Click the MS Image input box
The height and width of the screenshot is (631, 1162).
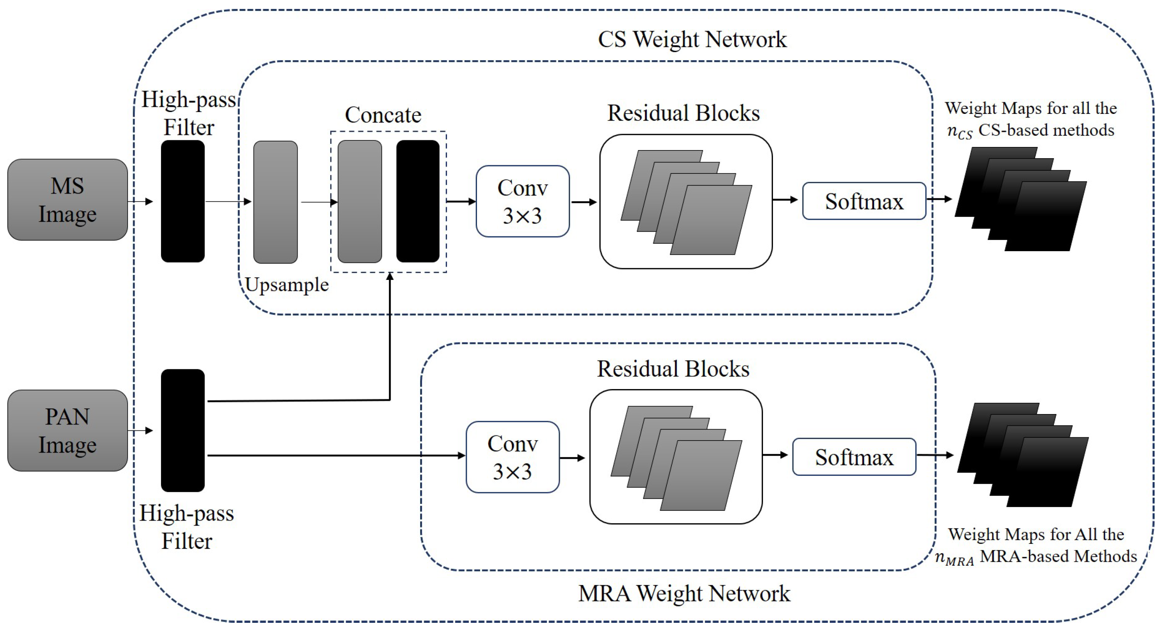(x=68, y=200)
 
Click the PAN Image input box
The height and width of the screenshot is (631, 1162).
(x=68, y=430)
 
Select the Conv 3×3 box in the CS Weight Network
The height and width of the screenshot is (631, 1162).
(x=522, y=201)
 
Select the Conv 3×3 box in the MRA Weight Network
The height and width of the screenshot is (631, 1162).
(x=512, y=457)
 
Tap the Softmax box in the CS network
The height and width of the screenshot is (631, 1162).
(x=864, y=201)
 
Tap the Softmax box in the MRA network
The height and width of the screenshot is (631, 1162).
(x=854, y=457)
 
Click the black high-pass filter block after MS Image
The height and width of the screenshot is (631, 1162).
(x=183, y=201)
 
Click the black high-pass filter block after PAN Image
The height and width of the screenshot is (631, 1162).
(x=183, y=430)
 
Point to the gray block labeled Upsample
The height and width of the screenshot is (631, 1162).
(x=275, y=202)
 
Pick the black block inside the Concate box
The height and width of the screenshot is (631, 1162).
(x=418, y=201)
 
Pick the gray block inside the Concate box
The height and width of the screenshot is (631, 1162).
(x=359, y=201)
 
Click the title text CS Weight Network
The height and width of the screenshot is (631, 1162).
(x=692, y=39)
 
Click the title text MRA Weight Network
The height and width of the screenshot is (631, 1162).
(x=684, y=593)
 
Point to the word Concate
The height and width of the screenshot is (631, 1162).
(x=383, y=115)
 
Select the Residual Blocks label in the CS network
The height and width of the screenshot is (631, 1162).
(x=684, y=113)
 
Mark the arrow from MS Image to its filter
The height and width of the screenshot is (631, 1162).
(x=141, y=201)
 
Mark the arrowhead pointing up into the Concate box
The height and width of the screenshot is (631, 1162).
(x=390, y=276)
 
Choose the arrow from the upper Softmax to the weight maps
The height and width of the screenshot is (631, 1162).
(x=939, y=199)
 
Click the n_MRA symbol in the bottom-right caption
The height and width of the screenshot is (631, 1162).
(x=953, y=558)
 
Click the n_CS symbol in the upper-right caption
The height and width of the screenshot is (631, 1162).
(x=959, y=132)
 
